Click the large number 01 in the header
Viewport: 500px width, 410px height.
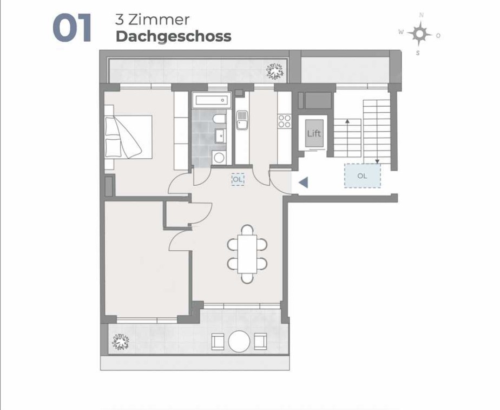point(72,28)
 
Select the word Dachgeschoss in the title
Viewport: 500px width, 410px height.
point(174,37)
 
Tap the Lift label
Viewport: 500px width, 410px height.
point(314,133)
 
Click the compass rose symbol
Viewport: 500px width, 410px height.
point(419,34)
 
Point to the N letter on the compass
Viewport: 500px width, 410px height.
point(422,15)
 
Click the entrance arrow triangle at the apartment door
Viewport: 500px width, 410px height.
point(303,183)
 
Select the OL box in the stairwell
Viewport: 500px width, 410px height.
point(362,175)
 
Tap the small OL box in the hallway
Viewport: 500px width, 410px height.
point(238,179)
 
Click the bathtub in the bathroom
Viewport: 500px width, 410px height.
point(212,100)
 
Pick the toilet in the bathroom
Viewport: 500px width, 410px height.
point(219,119)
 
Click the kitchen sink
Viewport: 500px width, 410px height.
point(242,120)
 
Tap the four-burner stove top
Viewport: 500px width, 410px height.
point(285,121)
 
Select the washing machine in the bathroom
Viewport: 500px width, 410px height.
point(219,158)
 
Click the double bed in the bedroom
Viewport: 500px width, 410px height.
point(128,137)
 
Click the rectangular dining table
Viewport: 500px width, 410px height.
point(247,254)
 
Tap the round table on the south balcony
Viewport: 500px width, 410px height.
point(239,341)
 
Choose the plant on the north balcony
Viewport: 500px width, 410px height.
point(274,71)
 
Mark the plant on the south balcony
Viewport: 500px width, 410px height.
point(121,342)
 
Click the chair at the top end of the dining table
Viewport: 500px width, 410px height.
point(247,230)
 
